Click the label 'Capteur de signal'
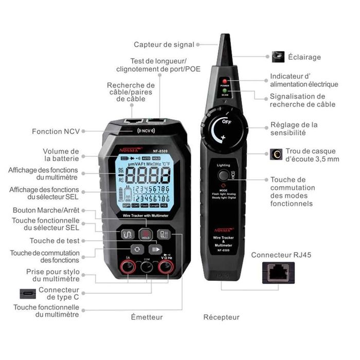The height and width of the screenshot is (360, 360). coord(164,45)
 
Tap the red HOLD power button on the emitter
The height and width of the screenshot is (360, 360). coord(146,234)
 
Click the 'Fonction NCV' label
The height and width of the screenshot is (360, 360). coord(56,131)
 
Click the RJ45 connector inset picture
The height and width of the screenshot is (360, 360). coord(278,273)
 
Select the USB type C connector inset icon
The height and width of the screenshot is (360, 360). coord(28,294)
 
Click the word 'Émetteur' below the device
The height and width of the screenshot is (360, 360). coord(147,317)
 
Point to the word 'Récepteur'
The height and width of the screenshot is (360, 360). coord(221,317)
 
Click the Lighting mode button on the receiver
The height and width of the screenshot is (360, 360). coord(223,175)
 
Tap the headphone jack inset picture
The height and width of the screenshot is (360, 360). coord(278,154)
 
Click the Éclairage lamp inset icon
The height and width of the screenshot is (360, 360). coord(278,57)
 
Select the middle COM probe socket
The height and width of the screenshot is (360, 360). coord(147,266)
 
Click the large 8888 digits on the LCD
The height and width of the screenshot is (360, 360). coord(148,176)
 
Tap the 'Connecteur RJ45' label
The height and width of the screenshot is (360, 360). coord(281,255)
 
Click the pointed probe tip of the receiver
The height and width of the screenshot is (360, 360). coord(225,41)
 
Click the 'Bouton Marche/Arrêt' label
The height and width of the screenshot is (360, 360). coord(46,210)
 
